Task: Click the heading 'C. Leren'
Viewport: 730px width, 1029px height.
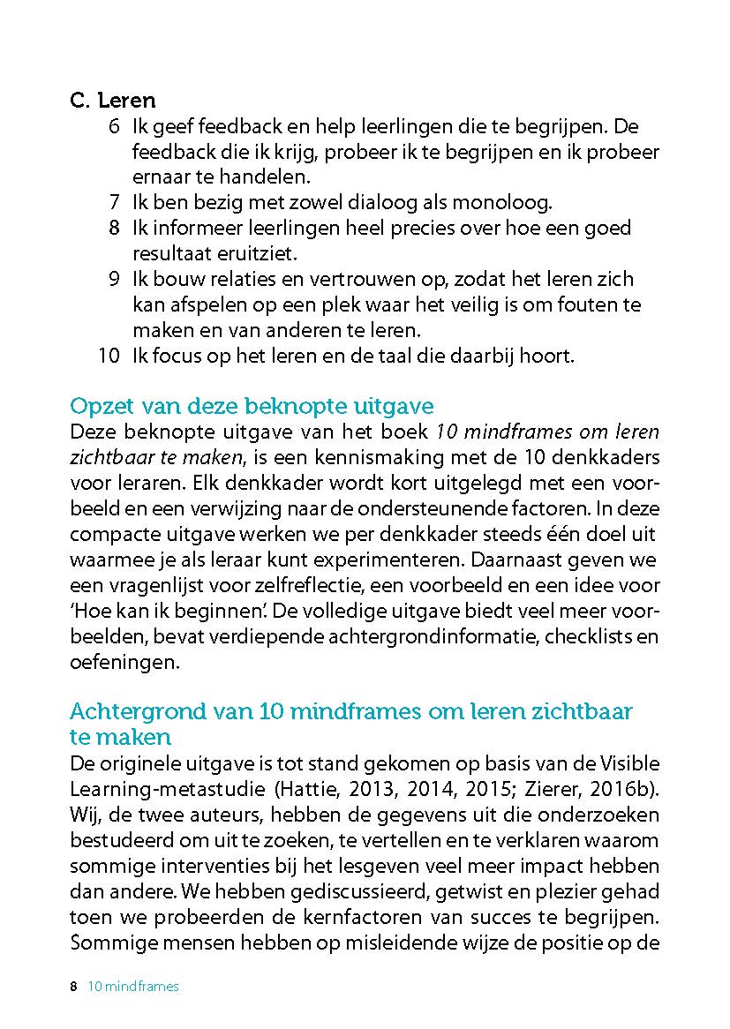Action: tap(112, 100)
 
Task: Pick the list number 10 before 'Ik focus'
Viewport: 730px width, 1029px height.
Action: tap(109, 357)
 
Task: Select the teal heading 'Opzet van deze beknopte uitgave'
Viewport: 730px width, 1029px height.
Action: tap(252, 407)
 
